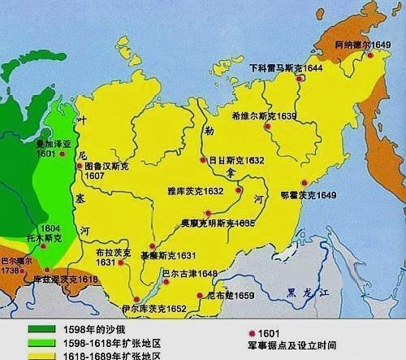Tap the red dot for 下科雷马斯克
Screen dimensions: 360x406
pos(300,80)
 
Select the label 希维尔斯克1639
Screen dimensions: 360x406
pos(264,116)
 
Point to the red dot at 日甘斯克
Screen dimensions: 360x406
pos(202,161)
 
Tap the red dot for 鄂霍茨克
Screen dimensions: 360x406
pos(304,183)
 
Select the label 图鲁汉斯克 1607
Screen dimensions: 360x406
pos(106,170)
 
